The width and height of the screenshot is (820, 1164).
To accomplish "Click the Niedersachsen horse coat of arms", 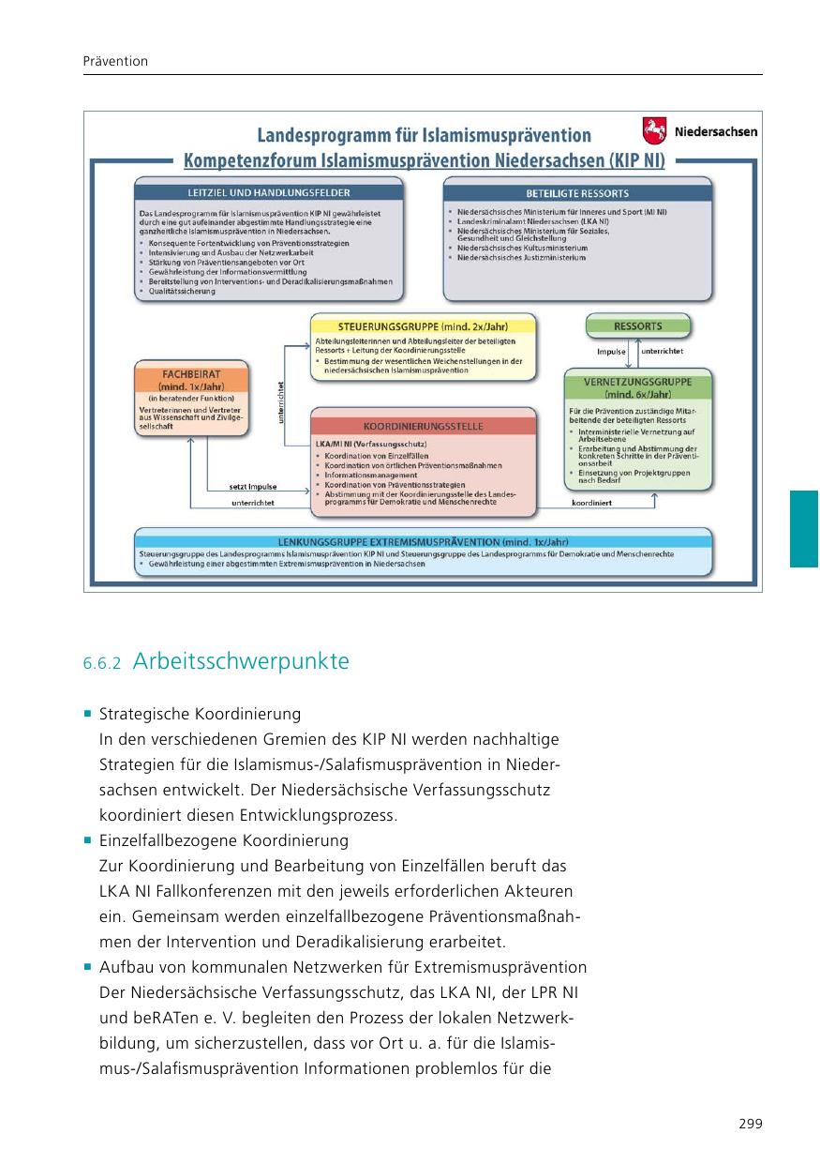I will pyautogui.click(x=653, y=129).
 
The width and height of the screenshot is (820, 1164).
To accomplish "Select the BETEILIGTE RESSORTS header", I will pyautogui.click(x=577, y=192).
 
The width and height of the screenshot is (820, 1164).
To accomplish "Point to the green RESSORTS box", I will pyautogui.click(x=637, y=326).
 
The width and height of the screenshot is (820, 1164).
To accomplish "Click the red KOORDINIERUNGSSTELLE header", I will pyautogui.click(x=423, y=426).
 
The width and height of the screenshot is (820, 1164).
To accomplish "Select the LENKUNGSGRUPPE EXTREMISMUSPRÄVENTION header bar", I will pyautogui.click(x=423, y=542).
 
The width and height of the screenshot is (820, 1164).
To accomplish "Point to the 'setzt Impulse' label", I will pyautogui.click(x=253, y=487).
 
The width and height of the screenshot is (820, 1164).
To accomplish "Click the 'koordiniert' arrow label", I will pyautogui.click(x=591, y=503).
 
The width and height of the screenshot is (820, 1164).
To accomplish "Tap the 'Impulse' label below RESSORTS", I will pyautogui.click(x=611, y=352).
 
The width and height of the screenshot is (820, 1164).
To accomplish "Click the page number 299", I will pyautogui.click(x=750, y=1124).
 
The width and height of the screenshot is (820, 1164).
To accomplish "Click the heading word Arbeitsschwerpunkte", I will pyautogui.click(x=241, y=661).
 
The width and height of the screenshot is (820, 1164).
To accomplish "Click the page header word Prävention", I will pyautogui.click(x=115, y=61).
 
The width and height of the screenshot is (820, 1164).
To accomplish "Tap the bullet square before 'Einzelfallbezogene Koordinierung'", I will pyautogui.click(x=87, y=839).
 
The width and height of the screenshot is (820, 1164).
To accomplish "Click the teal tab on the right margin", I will pyautogui.click(x=804, y=528).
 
